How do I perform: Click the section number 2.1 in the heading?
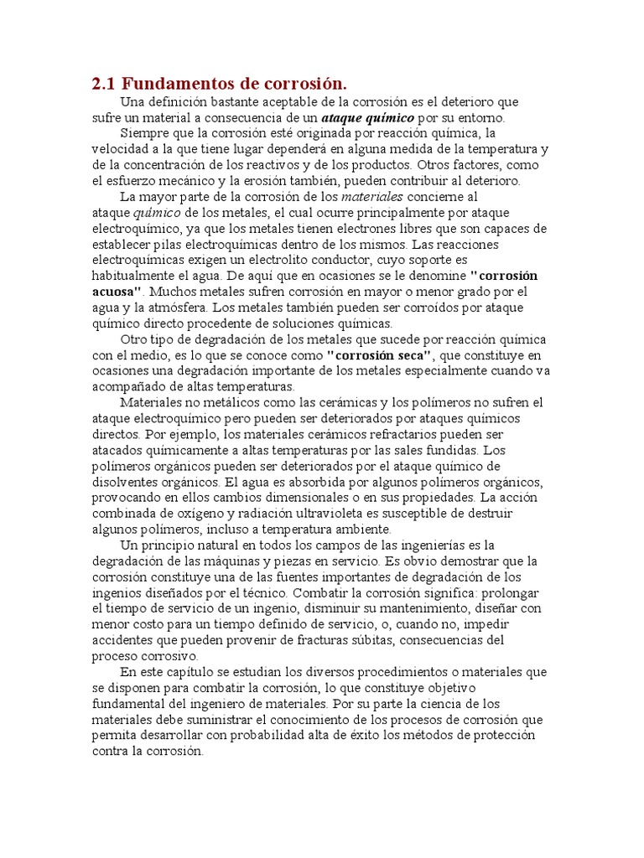pyautogui.click(x=104, y=84)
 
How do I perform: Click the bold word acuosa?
pyautogui.click(x=117, y=291)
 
